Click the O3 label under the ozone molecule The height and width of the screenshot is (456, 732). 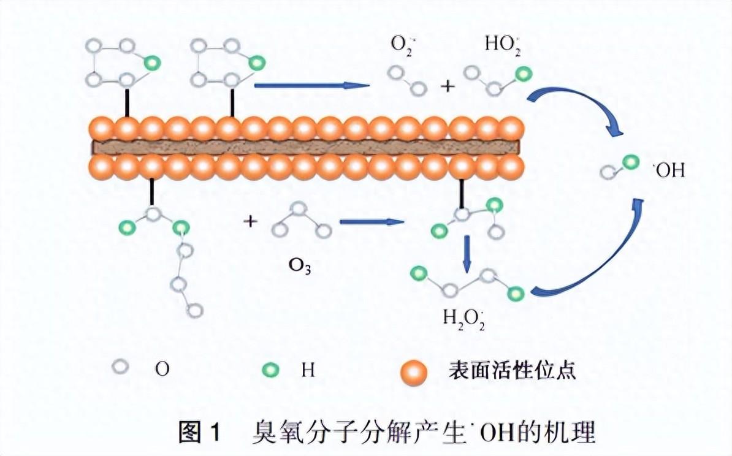coord(300,267)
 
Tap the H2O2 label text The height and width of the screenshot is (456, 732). coord(464,318)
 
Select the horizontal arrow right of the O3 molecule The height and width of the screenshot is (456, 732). coord(372,222)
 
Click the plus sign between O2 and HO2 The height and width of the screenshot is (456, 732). coord(448,86)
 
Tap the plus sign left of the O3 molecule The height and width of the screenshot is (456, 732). coord(250,221)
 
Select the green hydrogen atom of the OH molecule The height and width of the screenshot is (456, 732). coord(630,162)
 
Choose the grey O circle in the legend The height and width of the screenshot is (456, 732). coord(121,368)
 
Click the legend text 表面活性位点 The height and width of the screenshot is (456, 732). coord(513,370)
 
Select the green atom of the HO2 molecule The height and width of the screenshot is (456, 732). coord(523,75)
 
